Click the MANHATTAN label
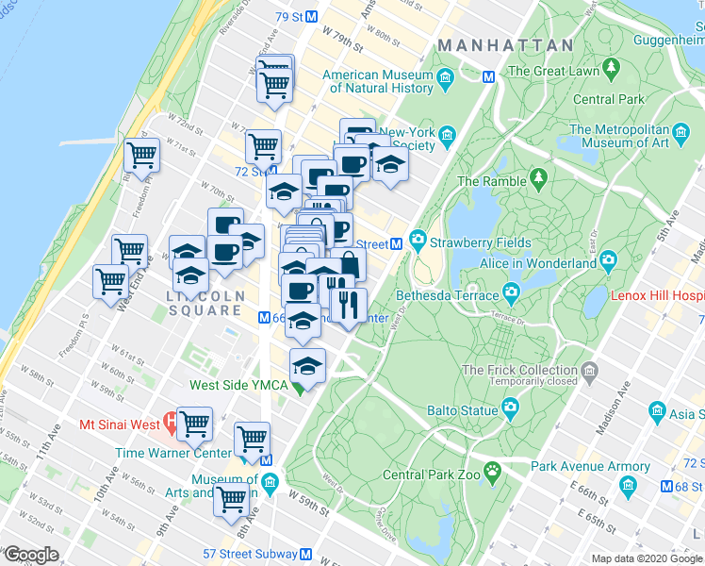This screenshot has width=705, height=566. click(506, 45)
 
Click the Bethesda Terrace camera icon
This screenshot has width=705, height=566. click(511, 291)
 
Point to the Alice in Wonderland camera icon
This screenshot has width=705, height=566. click(608, 258)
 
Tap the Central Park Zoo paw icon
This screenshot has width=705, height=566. click(491, 469)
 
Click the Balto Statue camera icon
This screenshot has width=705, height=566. click(510, 407)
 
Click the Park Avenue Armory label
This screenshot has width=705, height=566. click(590, 466)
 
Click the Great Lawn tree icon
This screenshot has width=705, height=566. click(612, 68)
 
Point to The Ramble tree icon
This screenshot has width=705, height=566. click(538, 177)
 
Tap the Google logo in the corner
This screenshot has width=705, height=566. click(31, 554)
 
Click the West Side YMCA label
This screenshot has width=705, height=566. click(238, 384)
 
